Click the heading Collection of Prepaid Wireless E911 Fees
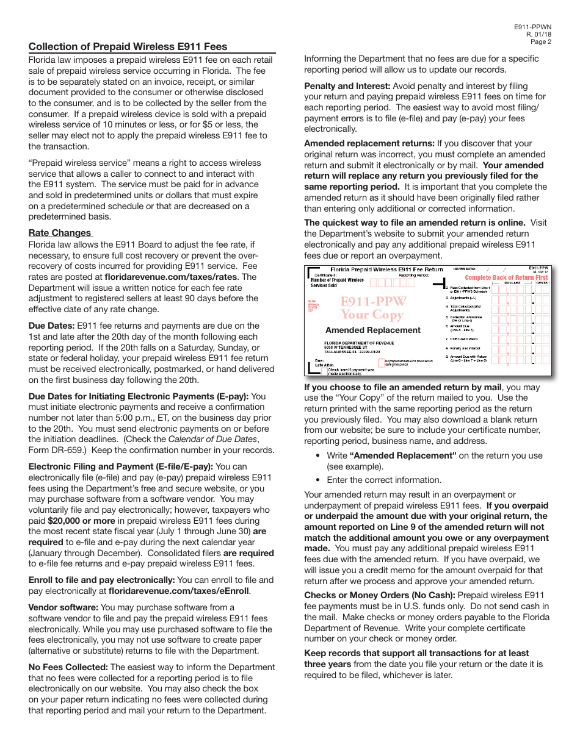click(x=128, y=46)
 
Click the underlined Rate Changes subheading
click(x=60, y=233)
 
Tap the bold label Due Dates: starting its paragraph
click(x=51, y=326)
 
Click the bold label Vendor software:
click(x=63, y=607)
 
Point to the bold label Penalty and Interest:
click(x=347, y=86)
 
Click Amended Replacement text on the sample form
click(x=372, y=330)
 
